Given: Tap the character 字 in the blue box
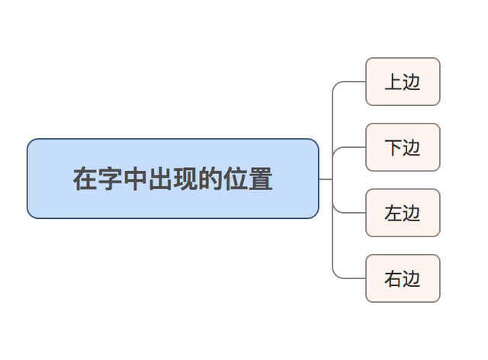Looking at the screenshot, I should click(x=110, y=179).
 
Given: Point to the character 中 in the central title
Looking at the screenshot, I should click(x=135, y=179).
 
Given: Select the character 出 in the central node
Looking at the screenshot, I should click(x=160, y=179).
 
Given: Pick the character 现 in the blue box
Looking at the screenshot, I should click(x=185, y=179).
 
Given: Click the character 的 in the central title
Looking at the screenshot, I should click(x=210, y=179).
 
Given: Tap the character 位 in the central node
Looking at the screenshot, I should click(x=236, y=179).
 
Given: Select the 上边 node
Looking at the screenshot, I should click(x=403, y=82).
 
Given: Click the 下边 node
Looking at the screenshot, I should click(x=403, y=147).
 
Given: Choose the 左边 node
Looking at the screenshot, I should click(x=403, y=213).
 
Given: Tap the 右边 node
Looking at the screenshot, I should click(x=403, y=278).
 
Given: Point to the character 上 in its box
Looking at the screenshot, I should click(x=393, y=82).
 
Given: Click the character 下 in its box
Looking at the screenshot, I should click(x=393, y=147).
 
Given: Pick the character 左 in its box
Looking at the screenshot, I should click(x=393, y=213).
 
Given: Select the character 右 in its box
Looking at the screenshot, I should click(x=393, y=278).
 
